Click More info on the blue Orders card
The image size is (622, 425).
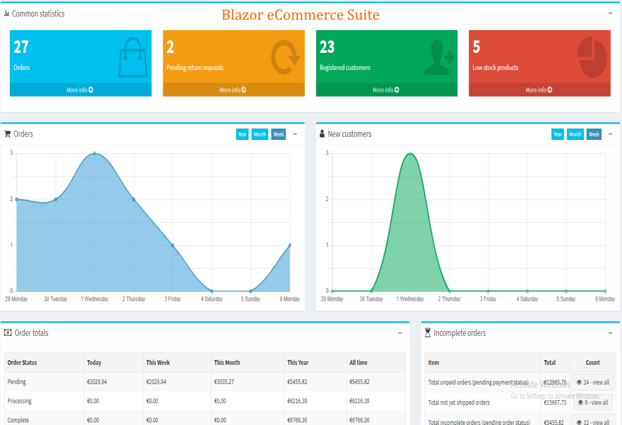(80, 90)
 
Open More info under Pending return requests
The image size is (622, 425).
(233, 90)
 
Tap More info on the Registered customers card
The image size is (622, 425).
(386, 90)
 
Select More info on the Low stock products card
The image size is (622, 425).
(539, 90)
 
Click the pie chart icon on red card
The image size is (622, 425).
(592, 56)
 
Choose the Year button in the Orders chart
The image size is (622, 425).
(242, 134)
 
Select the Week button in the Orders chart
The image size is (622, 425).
(278, 134)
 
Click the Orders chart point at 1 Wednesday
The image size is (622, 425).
(94, 153)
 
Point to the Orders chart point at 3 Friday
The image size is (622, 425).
(173, 245)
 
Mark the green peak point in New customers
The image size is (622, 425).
(410, 153)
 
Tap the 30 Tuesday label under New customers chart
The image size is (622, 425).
(371, 299)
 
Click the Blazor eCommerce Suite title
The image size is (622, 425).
(300, 15)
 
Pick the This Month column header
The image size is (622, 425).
(227, 363)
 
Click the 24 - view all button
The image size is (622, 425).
(592, 382)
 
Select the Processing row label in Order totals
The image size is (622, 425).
(20, 401)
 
